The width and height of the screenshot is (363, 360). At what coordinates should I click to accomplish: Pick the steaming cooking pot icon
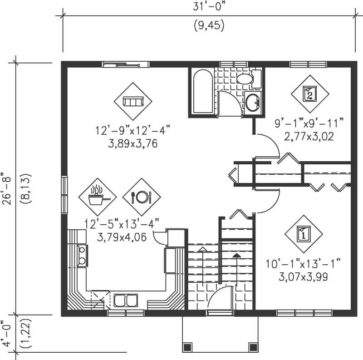click(x=98, y=197)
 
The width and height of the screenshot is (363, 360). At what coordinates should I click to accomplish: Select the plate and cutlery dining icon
click(x=141, y=197)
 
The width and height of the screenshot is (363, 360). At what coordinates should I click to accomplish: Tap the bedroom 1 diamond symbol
click(x=304, y=234)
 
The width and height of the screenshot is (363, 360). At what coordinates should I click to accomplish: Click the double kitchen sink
click(x=125, y=300)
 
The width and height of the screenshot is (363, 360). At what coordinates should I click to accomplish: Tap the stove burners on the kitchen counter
click(x=83, y=255)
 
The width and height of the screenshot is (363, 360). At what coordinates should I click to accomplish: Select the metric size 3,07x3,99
click(x=303, y=276)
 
